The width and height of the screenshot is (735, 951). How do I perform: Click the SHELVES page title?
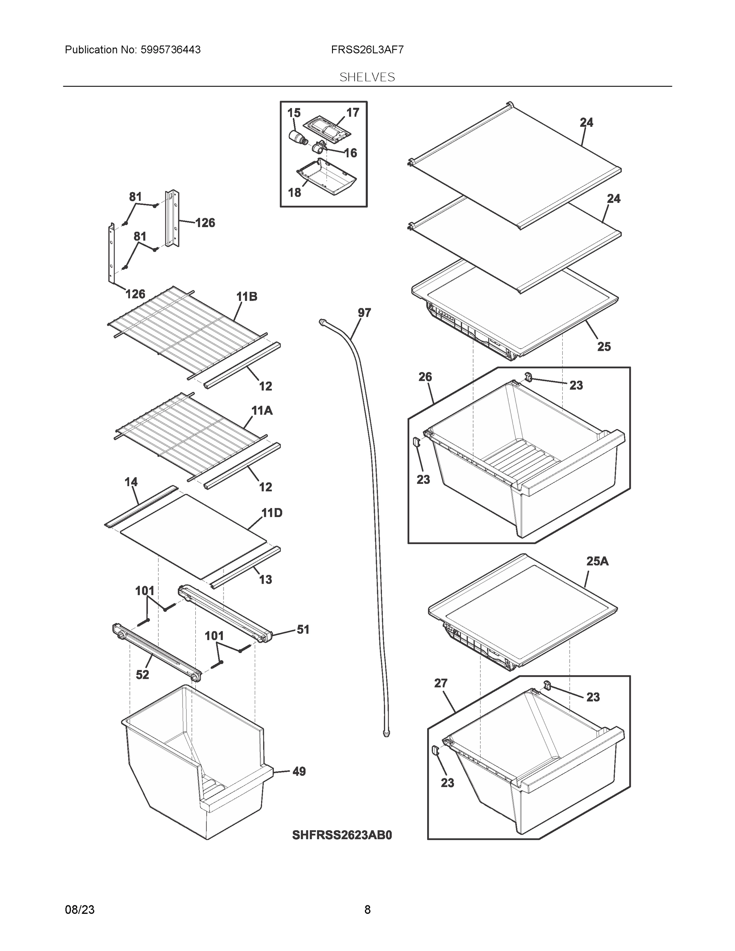click(x=367, y=77)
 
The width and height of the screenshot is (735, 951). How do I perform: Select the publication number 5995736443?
click(x=170, y=50)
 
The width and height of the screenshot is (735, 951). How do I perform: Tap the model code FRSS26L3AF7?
click(x=367, y=50)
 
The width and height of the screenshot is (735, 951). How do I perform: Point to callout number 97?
click(x=364, y=313)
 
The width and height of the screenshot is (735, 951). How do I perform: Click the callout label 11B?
click(x=247, y=296)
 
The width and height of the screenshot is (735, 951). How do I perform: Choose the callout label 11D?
click(x=272, y=513)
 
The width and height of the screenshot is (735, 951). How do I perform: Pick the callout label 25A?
click(x=597, y=561)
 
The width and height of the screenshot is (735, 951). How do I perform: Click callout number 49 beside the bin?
click(x=299, y=771)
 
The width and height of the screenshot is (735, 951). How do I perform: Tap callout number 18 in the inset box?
click(x=294, y=193)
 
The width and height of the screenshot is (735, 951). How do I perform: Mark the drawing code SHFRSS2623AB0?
click(x=342, y=835)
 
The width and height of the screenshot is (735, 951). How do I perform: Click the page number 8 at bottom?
click(x=367, y=910)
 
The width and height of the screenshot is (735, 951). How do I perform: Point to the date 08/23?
click(x=80, y=910)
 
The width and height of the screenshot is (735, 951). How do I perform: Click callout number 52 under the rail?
click(x=142, y=674)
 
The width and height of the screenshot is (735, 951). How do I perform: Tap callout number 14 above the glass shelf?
click(x=131, y=482)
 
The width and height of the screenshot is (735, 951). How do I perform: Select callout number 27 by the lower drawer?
click(x=441, y=683)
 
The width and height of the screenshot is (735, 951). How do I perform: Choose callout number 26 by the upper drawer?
click(x=425, y=377)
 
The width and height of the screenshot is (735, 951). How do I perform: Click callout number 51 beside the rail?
click(x=303, y=629)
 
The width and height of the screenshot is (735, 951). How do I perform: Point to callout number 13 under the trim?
click(x=265, y=580)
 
